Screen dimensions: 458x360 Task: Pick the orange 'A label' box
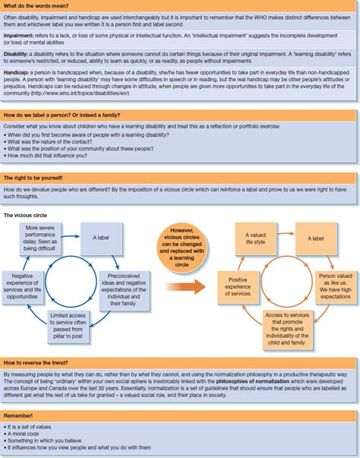pos(316,237)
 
